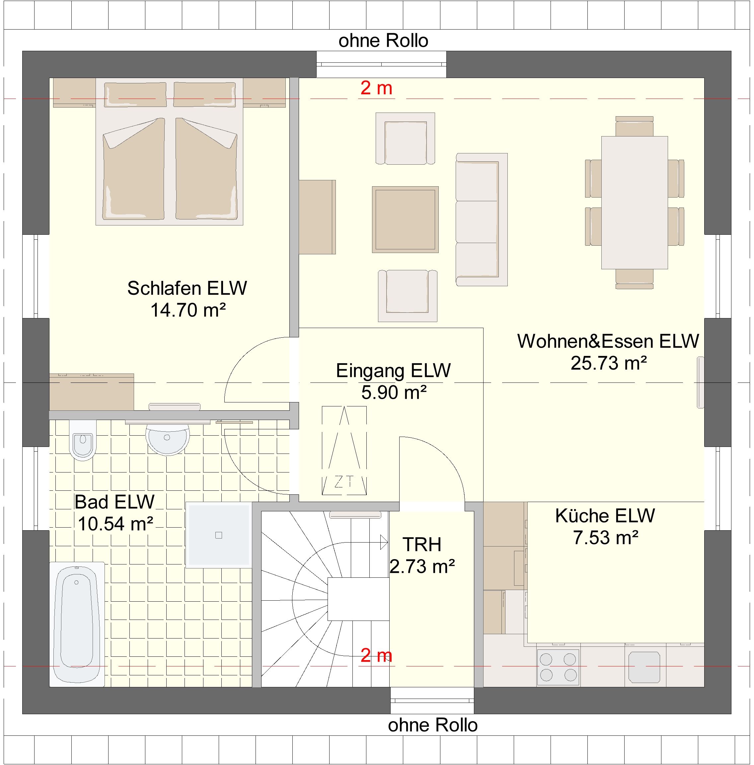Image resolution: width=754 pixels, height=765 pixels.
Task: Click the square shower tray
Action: point(218,535)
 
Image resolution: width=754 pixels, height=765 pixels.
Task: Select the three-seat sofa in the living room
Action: point(481,220)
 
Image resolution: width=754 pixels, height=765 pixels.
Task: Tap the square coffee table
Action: point(405,219)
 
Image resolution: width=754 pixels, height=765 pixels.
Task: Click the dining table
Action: point(635,203)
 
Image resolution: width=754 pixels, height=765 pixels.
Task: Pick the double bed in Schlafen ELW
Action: point(169,152)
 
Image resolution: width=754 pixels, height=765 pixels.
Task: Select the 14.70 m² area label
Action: point(188,310)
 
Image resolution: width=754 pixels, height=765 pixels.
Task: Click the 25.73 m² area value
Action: point(609,363)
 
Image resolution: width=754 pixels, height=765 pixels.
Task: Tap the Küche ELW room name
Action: point(605,516)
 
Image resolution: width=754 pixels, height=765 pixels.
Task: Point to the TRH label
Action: point(422,545)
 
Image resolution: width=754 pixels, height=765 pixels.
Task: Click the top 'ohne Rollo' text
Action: point(383,41)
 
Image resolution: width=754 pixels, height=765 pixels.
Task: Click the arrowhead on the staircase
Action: point(384,542)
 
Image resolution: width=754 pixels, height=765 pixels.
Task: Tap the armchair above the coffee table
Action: point(405,138)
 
